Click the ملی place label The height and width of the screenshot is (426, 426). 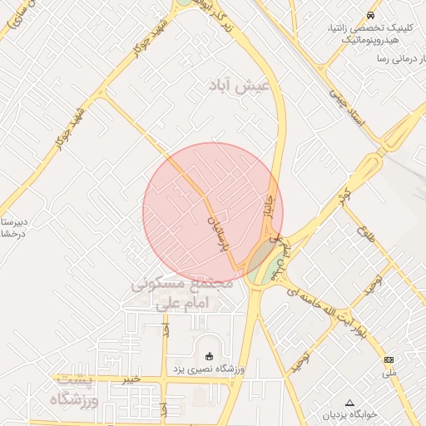[390, 372]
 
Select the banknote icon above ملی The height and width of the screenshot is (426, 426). [389, 359]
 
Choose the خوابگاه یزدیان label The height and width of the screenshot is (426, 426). [349, 414]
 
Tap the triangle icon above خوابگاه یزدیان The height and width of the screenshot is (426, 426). [349, 402]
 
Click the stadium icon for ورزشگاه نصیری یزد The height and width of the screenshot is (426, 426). [209, 356]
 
